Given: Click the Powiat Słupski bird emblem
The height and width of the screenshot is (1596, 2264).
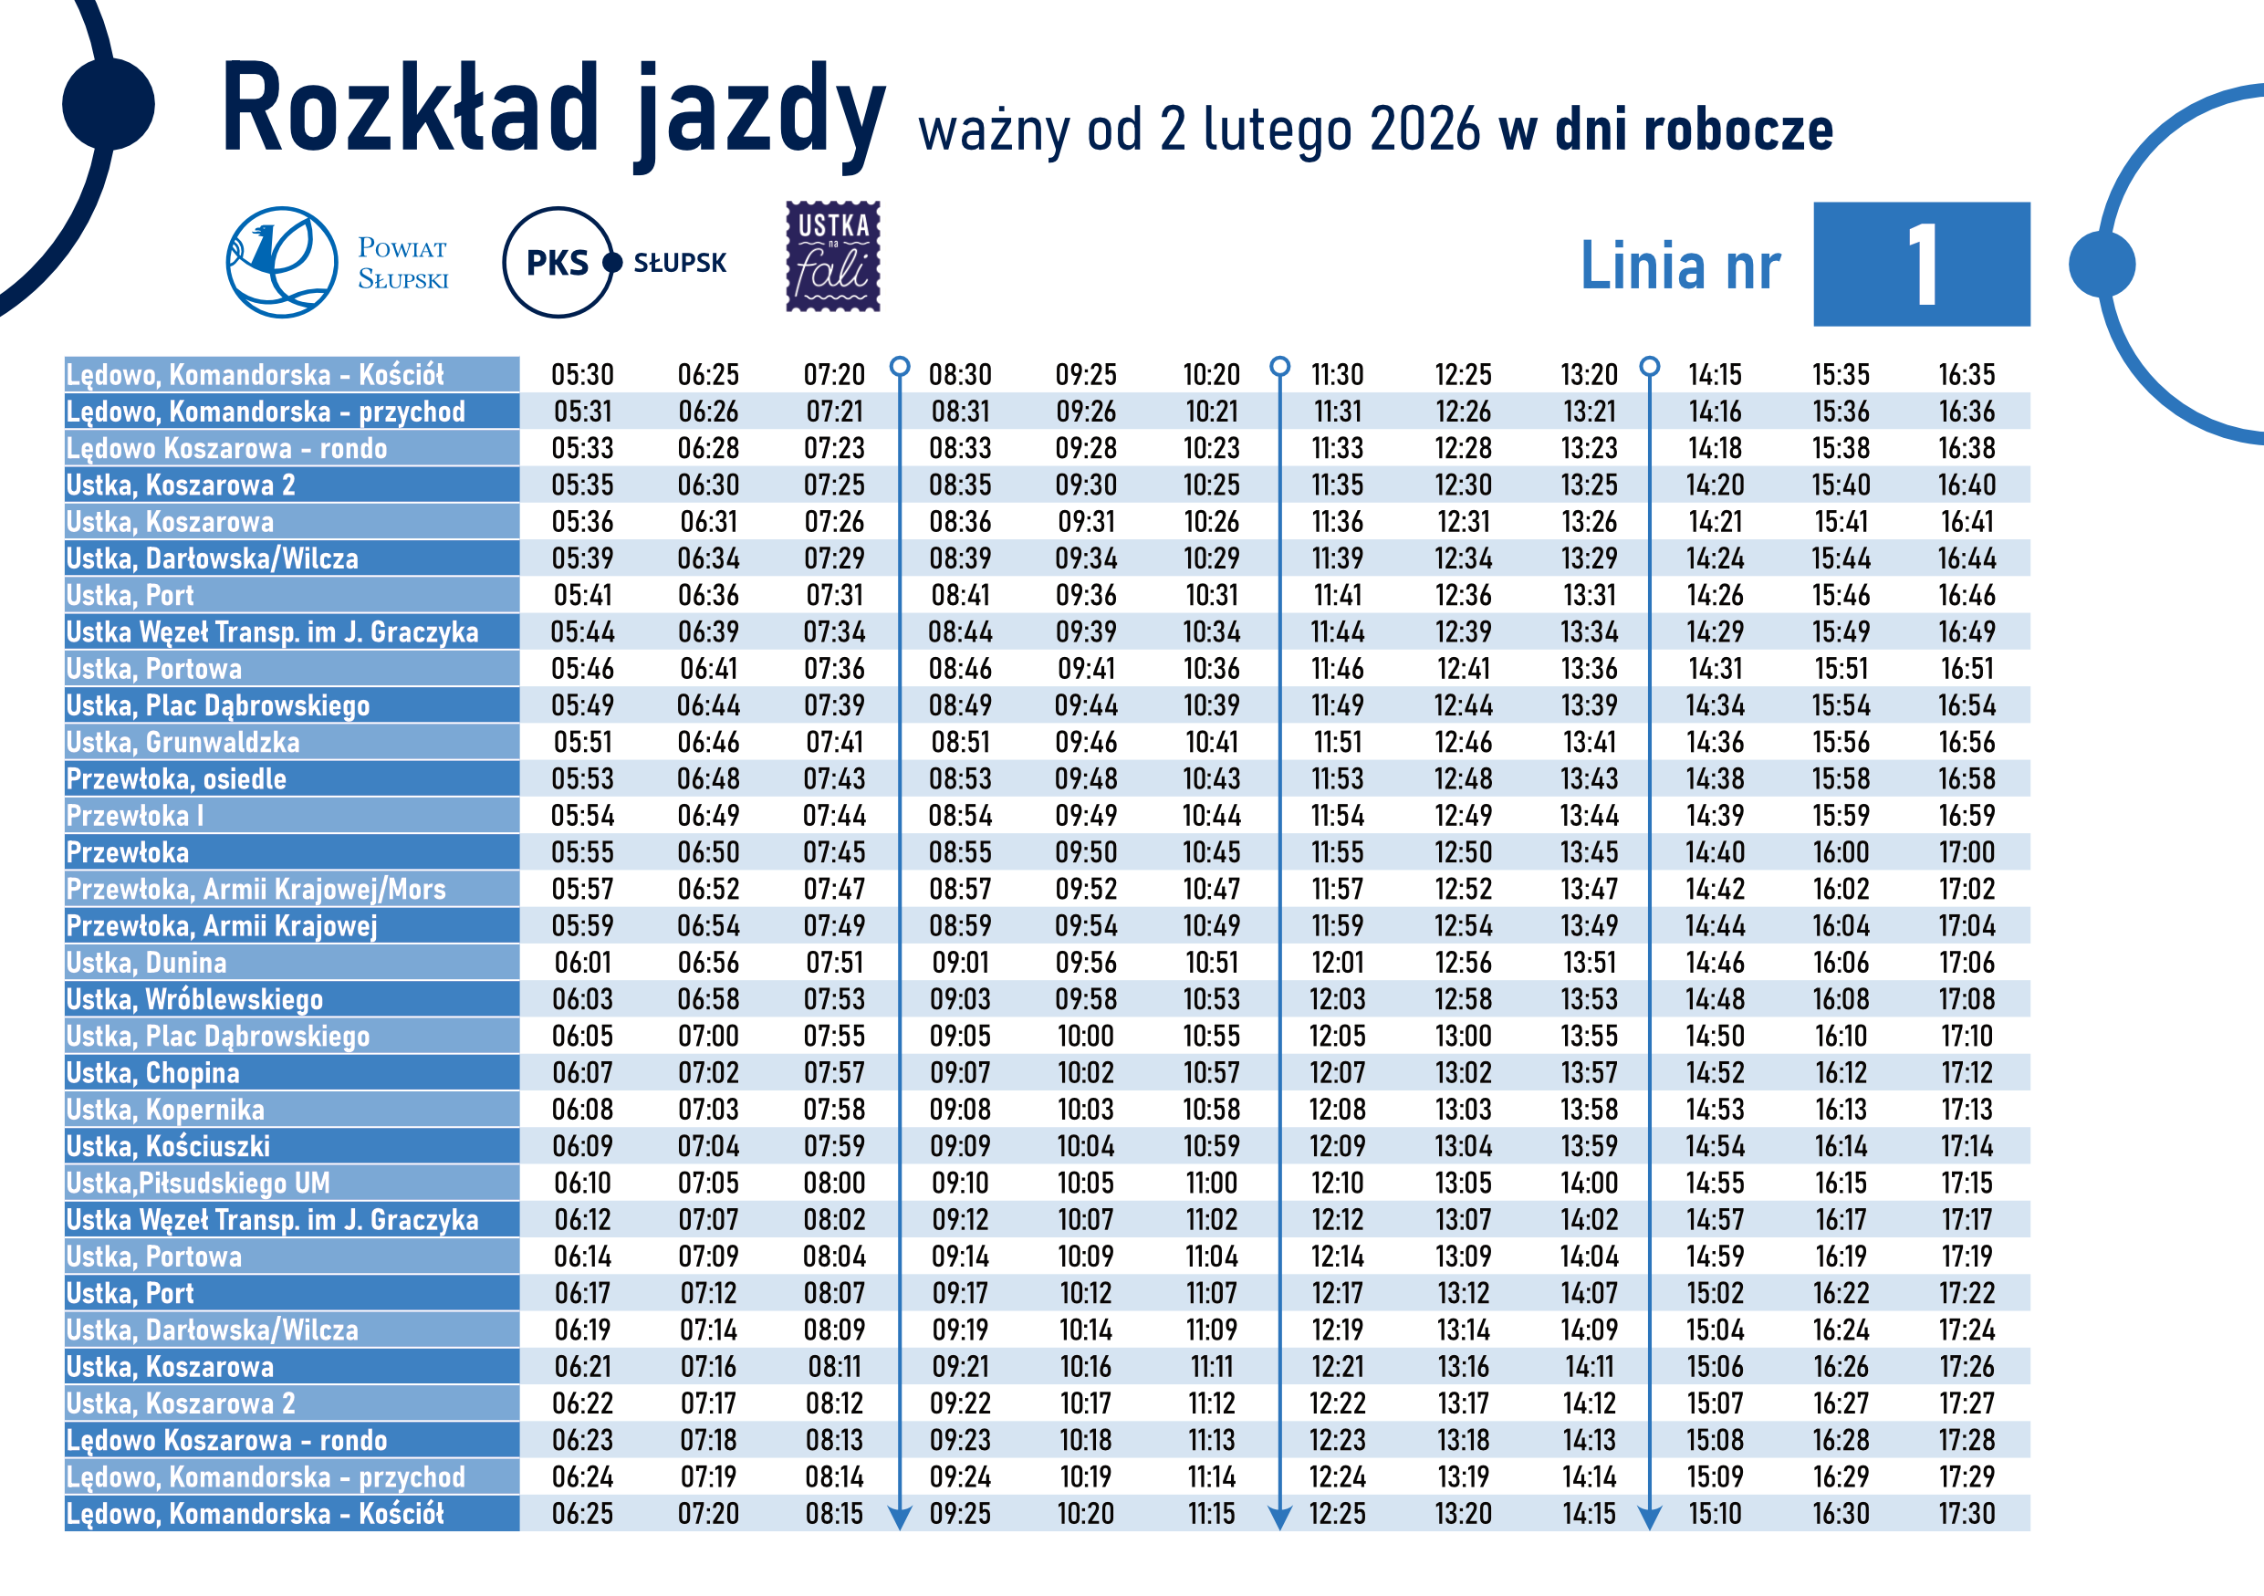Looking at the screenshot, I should pos(281,261).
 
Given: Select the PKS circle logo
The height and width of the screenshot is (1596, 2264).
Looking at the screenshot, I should pos(558,262).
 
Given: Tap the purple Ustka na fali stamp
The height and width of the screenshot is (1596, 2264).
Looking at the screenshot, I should pos(832,256).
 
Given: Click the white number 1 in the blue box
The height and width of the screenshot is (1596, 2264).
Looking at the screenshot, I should pos(1922,265).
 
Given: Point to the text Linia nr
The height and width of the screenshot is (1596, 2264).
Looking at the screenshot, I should pos(1680,266).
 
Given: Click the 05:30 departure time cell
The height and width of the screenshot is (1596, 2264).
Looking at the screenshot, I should pos(582,375).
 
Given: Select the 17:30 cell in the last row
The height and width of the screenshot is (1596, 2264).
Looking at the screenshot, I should pos(1967,1513).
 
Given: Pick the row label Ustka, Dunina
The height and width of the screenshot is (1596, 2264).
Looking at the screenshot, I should pos(147,962).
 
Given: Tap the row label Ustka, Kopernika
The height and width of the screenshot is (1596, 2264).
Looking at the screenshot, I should pos(166,1109).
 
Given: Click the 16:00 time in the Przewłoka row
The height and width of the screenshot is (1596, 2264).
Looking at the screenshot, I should pos(1840,851).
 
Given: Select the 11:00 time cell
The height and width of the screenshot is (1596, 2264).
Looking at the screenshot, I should pos(1211,1183).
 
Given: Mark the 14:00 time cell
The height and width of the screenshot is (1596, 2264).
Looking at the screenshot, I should pos(1589,1183).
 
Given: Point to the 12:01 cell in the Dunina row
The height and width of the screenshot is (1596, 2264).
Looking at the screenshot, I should pos(1337,962).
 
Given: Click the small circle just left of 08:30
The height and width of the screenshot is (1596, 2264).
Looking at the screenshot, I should pos(899,367).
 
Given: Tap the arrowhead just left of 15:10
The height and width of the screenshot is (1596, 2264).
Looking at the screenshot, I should pos(1650,1516).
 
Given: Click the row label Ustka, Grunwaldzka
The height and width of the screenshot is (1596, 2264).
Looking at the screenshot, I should pos(183,742).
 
